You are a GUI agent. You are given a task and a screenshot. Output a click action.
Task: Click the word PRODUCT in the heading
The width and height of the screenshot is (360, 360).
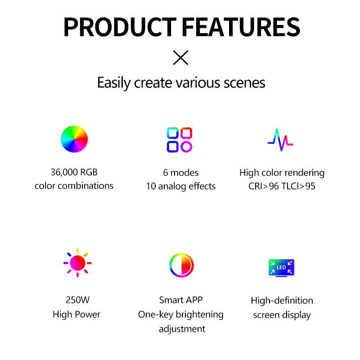click(120, 27)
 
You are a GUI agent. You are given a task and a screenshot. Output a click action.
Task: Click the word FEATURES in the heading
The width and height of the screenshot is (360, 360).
click(241, 27)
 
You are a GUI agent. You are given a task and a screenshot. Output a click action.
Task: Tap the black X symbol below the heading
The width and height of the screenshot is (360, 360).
click(180, 58)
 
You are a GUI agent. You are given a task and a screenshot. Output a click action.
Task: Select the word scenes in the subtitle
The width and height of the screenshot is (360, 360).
click(244, 83)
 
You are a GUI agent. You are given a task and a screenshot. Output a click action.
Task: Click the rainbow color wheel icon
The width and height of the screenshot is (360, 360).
click(74, 139)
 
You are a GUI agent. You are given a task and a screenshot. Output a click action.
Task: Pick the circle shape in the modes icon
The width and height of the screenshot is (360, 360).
click(186, 147)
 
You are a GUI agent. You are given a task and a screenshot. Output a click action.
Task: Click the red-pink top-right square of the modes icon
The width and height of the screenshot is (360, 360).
click(186, 133)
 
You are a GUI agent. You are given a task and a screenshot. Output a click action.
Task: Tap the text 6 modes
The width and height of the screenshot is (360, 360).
click(181, 173)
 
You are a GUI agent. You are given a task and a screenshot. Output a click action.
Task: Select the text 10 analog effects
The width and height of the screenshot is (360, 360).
click(181, 186)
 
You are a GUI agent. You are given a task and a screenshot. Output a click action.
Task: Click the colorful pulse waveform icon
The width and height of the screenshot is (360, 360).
click(280, 140)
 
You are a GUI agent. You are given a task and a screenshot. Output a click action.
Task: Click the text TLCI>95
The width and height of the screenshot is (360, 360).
click(298, 186)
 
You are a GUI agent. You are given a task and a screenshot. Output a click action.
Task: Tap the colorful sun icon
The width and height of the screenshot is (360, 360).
click(77, 263)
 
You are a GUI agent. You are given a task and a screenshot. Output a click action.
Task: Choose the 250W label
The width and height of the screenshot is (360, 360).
click(77, 300)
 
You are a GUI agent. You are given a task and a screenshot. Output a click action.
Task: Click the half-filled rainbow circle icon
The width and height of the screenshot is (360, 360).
click(181, 265)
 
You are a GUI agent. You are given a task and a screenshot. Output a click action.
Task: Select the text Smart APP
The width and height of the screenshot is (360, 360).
click(181, 300)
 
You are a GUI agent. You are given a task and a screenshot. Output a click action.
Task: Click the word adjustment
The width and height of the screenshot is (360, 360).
click(182, 329)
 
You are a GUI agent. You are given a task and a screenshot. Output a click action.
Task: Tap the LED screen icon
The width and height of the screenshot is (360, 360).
click(282, 268)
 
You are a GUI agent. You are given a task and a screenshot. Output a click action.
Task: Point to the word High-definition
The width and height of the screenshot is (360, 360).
click(282, 301)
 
